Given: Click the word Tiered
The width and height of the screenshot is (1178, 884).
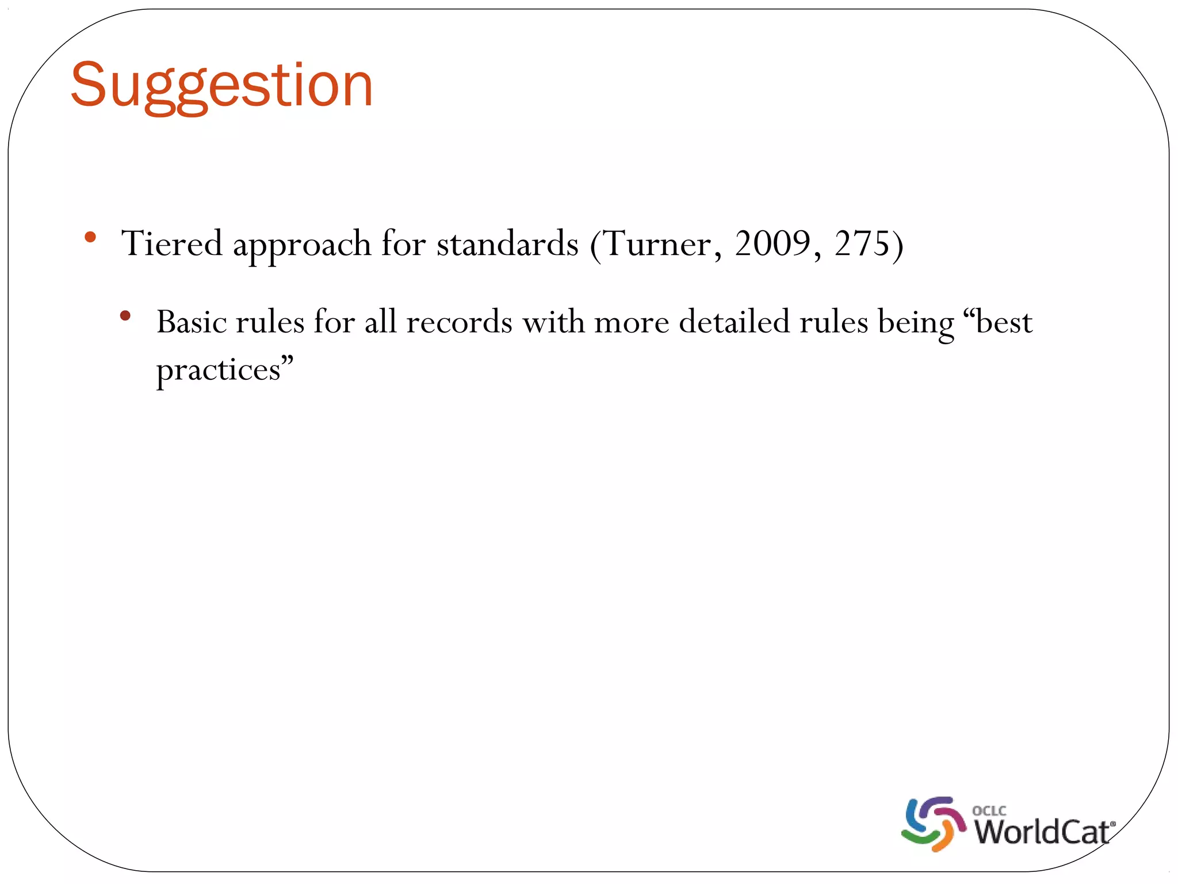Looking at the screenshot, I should click(x=171, y=243).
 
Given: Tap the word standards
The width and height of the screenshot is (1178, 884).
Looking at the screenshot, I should click(x=507, y=243).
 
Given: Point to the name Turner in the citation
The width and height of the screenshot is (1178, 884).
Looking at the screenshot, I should click(x=657, y=244).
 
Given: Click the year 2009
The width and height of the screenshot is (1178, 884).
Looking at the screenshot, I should click(x=772, y=243).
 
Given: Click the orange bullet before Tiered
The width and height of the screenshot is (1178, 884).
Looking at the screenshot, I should click(x=90, y=237).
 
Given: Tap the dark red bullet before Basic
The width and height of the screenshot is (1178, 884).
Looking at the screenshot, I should click(x=125, y=315).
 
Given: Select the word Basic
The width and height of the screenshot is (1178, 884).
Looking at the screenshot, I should click(x=192, y=322).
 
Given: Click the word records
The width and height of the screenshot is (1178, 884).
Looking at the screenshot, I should click(x=458, y=322).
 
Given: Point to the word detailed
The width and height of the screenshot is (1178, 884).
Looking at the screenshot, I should click(x=734, y=322).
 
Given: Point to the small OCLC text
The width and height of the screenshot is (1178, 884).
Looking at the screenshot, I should click(x=989, y=810).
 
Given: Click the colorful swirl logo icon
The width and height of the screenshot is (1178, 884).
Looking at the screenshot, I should click(x=933, y=824).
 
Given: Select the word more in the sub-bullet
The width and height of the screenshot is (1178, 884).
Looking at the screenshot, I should click(x=631, y=322).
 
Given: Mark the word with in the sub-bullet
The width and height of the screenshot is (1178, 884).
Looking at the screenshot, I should click(x=553, y=322).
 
